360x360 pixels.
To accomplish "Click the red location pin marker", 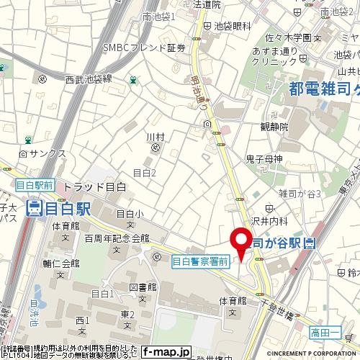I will [239, 242].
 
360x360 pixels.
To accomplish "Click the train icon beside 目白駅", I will [33, 209].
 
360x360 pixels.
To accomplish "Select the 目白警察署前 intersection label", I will [200, 264].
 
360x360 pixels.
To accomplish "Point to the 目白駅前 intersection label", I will [35, 185].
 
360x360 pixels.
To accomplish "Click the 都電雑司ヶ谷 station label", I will [324, 89].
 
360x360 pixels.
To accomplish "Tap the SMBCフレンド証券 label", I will [144, 48].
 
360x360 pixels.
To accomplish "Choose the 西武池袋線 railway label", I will [89, 78].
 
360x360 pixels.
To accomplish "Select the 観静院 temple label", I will [274, 126].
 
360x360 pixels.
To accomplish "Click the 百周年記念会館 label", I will [116, 238].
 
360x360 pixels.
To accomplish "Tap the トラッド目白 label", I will [95, 186].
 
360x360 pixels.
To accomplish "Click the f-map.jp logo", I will [167, 352].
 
